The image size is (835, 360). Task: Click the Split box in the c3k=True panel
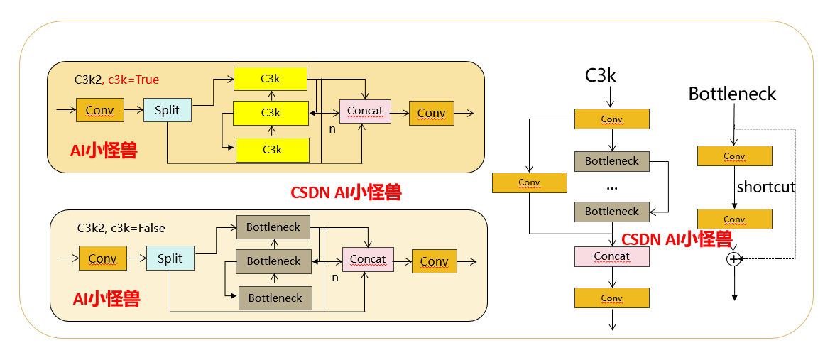point(168,110)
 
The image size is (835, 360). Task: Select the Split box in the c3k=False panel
point(170,258)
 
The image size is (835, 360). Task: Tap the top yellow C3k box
point(271,79)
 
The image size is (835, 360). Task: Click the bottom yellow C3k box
point(273,150)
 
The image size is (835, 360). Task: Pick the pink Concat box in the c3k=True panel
point(365,111)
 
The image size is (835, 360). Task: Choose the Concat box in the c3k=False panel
point(368,259)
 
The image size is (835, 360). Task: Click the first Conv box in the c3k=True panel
point(99,111)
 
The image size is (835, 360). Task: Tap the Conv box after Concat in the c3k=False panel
point(434,261)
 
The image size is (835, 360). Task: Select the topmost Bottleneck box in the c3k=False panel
point(273,227)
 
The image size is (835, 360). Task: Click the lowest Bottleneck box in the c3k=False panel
point(275,298)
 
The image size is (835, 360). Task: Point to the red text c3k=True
point(134,80)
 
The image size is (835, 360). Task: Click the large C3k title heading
point(600,75)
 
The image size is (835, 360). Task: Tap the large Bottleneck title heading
point(732,94)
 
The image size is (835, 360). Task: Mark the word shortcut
point(765,187)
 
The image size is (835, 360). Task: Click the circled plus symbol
point(733,259)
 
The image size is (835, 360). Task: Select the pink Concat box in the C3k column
point(611,256)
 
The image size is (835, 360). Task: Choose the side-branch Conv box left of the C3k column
point(529,182)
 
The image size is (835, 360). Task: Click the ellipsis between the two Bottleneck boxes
point(612,187)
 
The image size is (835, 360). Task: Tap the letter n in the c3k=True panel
point(332,129)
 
